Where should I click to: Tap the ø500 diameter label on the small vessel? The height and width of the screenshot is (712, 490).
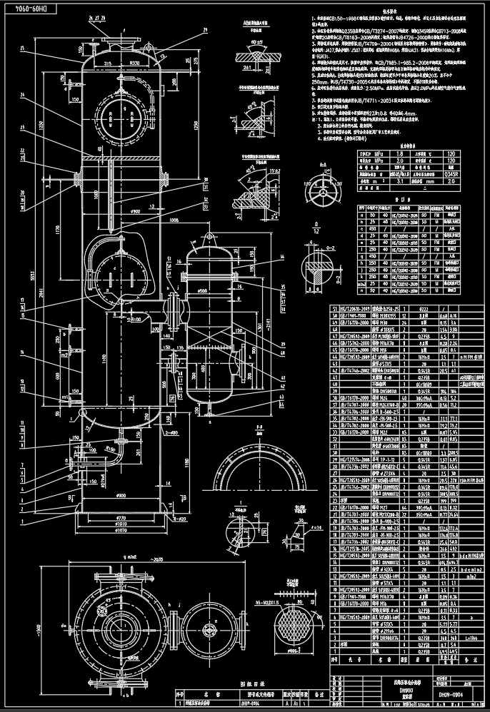click(204, 291)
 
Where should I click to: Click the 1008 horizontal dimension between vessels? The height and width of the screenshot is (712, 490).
click(173, 221)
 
